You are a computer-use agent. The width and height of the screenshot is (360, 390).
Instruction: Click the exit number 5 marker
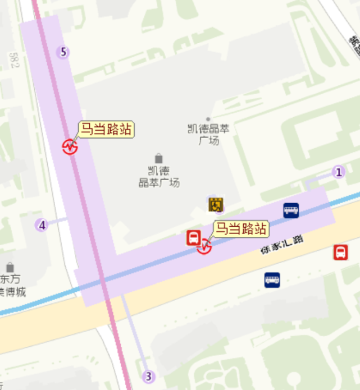[63, 52]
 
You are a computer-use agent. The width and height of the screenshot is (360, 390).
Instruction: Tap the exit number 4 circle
[42, 225]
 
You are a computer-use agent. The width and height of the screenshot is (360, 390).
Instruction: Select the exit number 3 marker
[148, 376]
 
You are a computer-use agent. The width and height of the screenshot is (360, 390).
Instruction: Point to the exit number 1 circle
[338, 172]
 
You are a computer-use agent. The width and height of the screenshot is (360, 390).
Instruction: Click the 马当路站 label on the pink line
[106, 130]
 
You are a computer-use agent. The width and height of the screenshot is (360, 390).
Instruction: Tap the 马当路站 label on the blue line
[240, 229]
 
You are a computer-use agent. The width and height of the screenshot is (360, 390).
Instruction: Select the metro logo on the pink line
[70, 146]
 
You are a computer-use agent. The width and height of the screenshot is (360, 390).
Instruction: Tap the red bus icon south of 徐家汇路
[340, 253]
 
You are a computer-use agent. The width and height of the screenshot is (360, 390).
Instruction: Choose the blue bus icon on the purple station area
[291, 210]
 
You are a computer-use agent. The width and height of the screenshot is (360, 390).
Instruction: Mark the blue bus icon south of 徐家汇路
[272, 279]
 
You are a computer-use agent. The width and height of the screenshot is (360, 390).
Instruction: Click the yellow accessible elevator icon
[216, 205]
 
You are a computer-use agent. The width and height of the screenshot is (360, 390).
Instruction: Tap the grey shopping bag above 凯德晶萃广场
[159, 158]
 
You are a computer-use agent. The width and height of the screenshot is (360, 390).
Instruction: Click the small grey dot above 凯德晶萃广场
[208, 119]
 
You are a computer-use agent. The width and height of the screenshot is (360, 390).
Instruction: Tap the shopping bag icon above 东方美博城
[10, 267]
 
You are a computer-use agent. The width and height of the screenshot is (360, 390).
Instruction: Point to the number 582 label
[13, 59]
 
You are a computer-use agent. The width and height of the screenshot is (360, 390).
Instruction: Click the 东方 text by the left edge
[10, 279]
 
